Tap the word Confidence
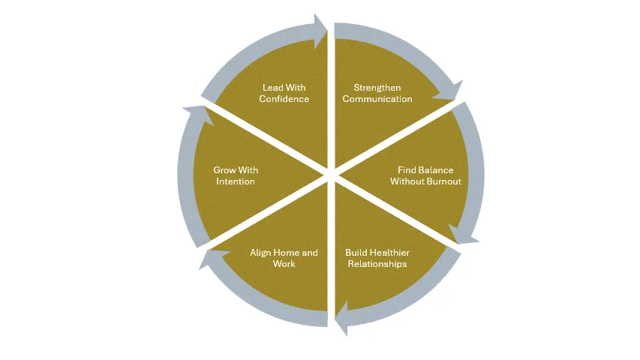pos(284,99)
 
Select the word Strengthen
pos(377,88)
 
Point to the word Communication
pos(377,99)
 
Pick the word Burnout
pos(444,181)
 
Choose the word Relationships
pos(377,264)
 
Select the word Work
pos(284,264)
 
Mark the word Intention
pos(236,181)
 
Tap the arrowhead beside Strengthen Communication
pos(449,91)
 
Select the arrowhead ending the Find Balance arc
pos(462,234)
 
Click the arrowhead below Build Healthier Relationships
pos(341,318)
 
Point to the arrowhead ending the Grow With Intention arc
pos(199,115)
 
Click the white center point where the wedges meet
pos(331,175)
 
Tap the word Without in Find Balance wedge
pos(407,181)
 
